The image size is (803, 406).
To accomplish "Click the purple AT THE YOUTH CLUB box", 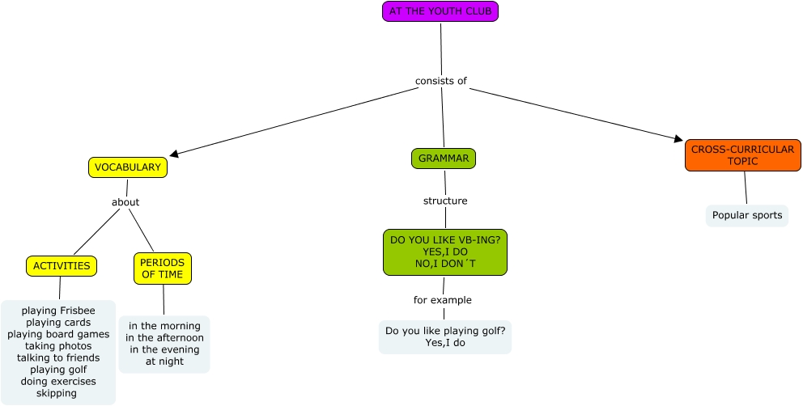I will tap(440, 11).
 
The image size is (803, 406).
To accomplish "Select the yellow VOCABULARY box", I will tap(127, 167).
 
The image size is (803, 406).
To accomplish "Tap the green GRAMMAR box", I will tap(443, 159).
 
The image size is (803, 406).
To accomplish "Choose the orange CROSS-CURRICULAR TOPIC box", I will tap(742, 155).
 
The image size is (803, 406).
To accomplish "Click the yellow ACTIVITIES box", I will tap(62, 266).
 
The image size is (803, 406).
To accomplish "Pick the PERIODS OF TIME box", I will tap(163, 269).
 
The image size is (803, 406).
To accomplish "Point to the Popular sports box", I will tap(746, 215).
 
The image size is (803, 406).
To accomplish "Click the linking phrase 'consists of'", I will tap(441, 81).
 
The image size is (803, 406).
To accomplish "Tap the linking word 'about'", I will tap(125, 202).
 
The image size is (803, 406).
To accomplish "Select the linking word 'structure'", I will tap(445, 201).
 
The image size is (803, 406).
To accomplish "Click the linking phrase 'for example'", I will tap(443, 300).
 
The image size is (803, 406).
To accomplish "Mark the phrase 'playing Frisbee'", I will tap(58, 311).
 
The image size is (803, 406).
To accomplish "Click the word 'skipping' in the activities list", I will tap(57, 393).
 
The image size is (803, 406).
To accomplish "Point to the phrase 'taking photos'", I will tap(58, 346).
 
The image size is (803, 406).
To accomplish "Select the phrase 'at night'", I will tap(164, 362).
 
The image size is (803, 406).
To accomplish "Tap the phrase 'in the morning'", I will tap(164, 326).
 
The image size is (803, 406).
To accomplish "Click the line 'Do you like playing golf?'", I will tap(445, 331).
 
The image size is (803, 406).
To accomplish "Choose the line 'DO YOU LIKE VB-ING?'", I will tap(445, 240).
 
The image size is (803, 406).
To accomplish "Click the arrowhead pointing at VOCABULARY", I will tap(173, 153).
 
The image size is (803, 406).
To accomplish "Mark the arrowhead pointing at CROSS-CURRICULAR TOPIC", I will tap(679, 139).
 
